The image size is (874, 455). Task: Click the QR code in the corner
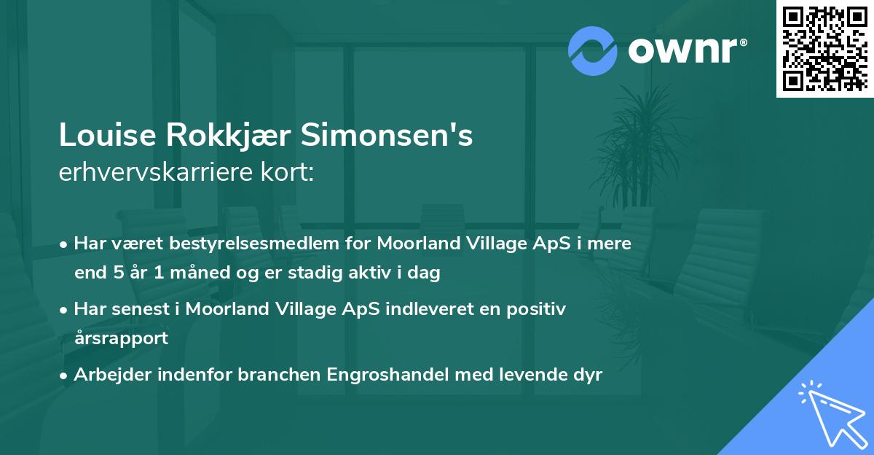[824, 48]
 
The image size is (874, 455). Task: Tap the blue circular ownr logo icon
[593, 50]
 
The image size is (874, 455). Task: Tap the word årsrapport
[121, 338]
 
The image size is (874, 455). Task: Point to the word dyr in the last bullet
[587, 375]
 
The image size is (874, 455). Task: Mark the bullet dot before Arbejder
[65, 376]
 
